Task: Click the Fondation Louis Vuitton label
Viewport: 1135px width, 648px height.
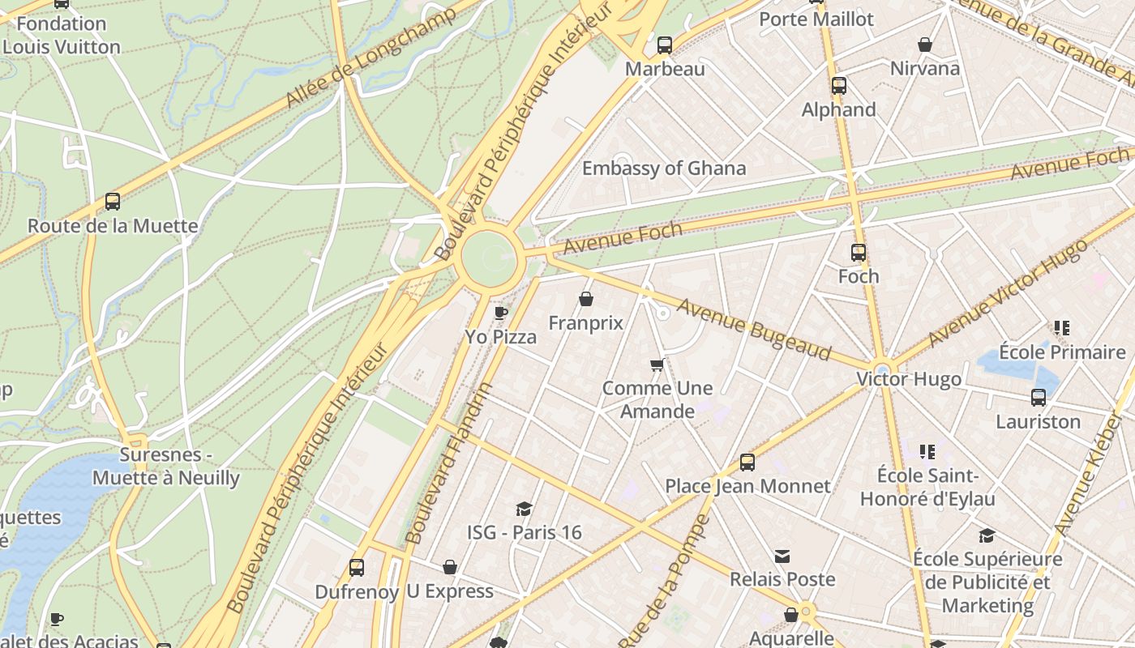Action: (x=62, y=36)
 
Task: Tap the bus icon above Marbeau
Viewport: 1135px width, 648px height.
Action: (x=665, y=45)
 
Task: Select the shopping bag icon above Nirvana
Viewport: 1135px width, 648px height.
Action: (x=925, y=45)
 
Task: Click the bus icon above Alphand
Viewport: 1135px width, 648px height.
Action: (x=839, y=85)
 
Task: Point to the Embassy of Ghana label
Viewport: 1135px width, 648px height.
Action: (x=664, y=168)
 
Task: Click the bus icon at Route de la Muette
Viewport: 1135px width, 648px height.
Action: (x=113, y=202)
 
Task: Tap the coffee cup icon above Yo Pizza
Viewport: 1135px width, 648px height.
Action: (x=501, y=313)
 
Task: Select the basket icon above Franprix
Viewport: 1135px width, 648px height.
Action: (x=586, y=300)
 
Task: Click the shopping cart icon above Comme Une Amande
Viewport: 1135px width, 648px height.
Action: (x=657, y=365)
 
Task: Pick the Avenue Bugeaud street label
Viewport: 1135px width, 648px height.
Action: (x=754, y=329)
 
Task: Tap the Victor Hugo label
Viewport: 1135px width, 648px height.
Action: (x=910, y=379)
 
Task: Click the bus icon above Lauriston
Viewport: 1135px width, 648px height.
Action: (x=1039, y=398)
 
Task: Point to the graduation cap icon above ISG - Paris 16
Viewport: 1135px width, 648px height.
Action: (x=524, y=509)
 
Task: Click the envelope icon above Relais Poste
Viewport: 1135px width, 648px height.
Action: (x=782, y=556)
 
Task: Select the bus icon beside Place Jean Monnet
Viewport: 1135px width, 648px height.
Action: (x=747, y=463)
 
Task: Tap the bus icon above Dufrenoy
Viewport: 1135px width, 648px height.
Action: (x=357, y=568)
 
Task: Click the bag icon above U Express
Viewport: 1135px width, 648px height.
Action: (x=450, y=567)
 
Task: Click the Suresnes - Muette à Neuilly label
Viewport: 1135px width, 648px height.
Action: (x=166, y=466)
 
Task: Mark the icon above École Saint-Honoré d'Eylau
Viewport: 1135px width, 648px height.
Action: (x=927, y=451)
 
